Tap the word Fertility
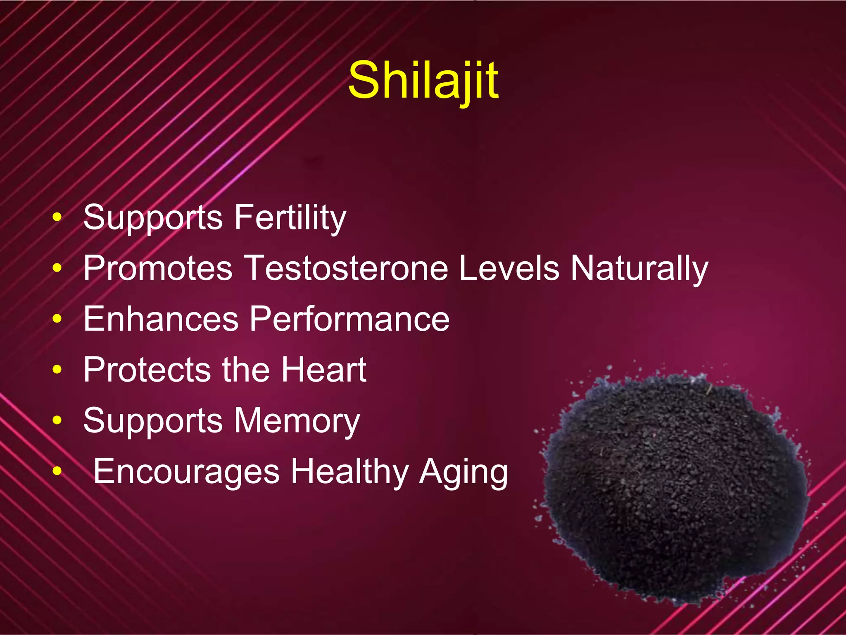click(x=290, y=218)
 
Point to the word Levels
click(x=509, y=268)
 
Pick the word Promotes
click(x=158, y=268)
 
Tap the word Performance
click(x=349, y=319)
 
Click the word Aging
click(x=463, y=472)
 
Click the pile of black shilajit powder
click(x=673, y=488)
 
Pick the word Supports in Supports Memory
click(x=153, y=421)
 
